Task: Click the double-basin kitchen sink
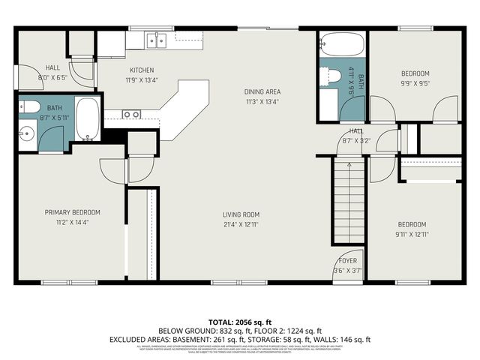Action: [157, 40]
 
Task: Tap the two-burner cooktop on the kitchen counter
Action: [132, 115]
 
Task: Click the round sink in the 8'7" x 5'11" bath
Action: [25, 134]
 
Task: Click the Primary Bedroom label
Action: [72, 212]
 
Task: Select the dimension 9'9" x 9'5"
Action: [415, 84]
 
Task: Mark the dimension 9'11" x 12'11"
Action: [412, 235]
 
